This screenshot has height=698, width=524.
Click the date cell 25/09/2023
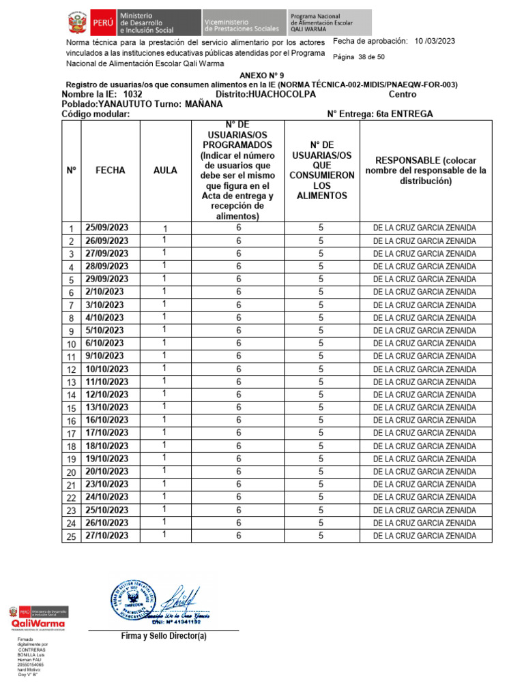[106, 228]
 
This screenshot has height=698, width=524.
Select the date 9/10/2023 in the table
[104, 356]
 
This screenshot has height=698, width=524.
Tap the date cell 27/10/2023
[106, 536]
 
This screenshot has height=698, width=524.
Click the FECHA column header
[111, 170]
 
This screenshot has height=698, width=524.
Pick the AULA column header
[165, 170]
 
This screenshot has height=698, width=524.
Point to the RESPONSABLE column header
[426, 170]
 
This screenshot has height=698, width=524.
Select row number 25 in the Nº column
[71, 536]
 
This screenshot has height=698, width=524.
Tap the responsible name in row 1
[424, 228]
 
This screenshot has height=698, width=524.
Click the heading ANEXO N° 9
[262, 75]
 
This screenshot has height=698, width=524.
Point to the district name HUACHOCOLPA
[282, 94]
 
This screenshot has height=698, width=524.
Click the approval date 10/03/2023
[435, 42]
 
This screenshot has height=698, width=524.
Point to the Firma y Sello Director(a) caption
[164, 636]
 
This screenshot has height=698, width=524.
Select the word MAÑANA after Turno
[203, 104]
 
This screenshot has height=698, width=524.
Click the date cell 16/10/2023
[106, 421]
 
